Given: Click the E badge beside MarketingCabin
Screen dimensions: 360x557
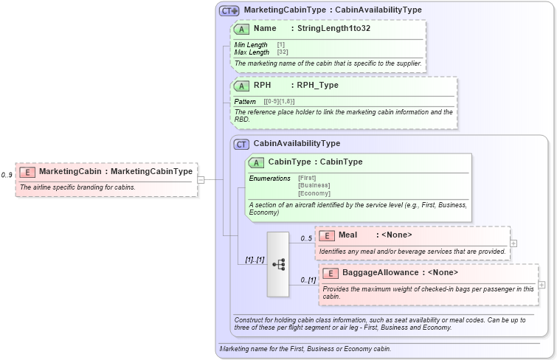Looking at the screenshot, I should tap(27, 172).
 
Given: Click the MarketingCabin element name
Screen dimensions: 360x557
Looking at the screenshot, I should tap(70, 172).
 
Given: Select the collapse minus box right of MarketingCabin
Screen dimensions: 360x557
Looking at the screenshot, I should tap(201, 179).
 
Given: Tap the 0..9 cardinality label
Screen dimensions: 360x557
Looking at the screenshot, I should tap(7, 175).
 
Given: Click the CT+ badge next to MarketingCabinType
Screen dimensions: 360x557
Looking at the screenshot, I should tap(229, 10).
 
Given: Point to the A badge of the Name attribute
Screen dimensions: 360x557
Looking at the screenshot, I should tap(241, 29).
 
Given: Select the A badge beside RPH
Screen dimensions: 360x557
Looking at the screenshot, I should tap(241, 86).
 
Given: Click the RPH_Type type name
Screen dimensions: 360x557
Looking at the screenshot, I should tap(317, 86).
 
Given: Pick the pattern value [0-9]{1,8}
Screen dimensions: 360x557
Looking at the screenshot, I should tap(279, 101).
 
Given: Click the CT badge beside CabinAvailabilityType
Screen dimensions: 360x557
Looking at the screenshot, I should tap(241, 144).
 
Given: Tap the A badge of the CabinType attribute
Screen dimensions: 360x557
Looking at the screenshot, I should tap(257, 162).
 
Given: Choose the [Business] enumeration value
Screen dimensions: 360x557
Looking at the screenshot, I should tap(314, 185).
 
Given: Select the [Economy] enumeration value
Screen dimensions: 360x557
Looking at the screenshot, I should tap(314, 193).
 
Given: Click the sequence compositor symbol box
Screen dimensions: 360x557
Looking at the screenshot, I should tap(278, 264).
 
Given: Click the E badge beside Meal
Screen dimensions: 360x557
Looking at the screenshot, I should tap(326, 235).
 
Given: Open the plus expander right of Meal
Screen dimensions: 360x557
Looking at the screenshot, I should tap(513, 243).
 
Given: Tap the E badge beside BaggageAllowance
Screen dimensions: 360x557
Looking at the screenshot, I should tap(330, 273).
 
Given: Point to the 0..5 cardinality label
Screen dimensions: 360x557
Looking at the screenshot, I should tap(306, 238).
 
